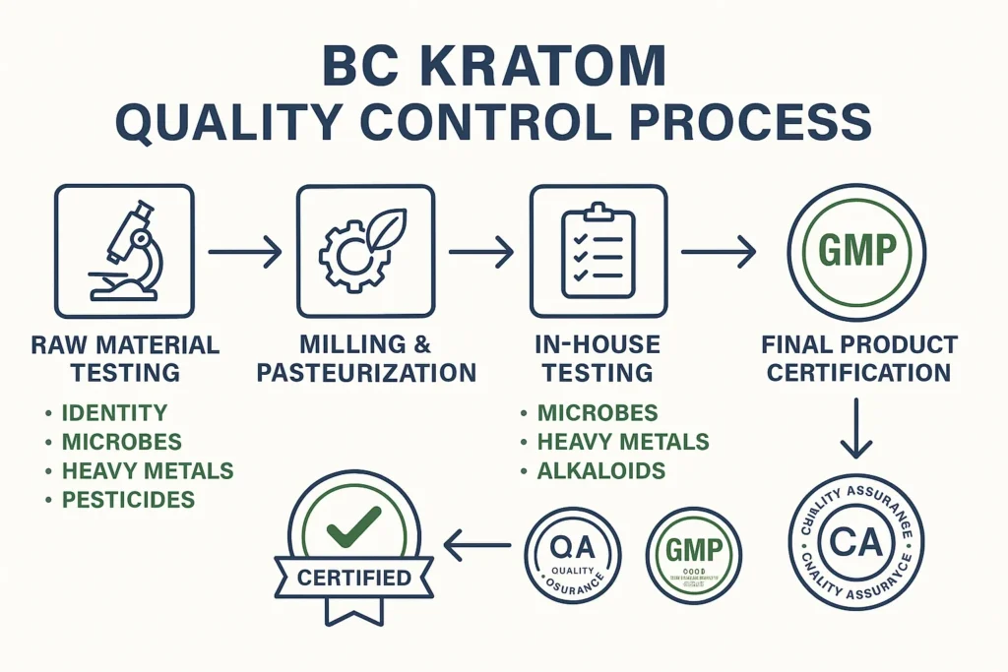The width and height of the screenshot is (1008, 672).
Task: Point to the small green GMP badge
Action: [x=694, y=554]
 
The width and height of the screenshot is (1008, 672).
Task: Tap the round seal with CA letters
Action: [x=856, y=544]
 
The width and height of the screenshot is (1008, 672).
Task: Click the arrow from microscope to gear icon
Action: [x=244, y=253]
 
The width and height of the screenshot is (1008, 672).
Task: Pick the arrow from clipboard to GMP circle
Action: [x=719, y=253]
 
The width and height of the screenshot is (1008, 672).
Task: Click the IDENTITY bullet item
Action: [x=114, y=413]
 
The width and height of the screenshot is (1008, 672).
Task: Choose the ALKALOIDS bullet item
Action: [x=600, y=471]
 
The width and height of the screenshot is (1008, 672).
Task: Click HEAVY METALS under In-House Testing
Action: [x=622, y=442]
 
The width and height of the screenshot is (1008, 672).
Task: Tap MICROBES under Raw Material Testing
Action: [x=122, y=442]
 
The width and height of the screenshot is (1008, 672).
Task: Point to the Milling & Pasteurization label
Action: [x=365, y=359]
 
